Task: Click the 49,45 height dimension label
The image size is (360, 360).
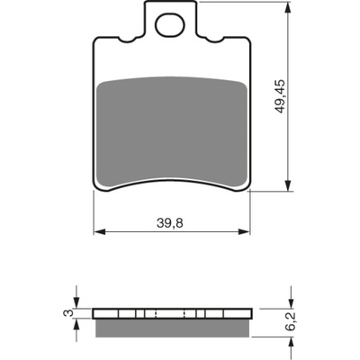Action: pyautogui.click(x=281, y=96)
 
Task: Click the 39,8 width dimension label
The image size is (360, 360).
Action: pyautogui.click(x=170, y=223)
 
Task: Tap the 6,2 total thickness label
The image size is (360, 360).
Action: pyautogui.click(x=291, y=321)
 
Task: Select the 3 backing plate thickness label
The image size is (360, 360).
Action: pyautogui.click(x=68, y=313)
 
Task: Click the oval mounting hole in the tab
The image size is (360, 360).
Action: pyautogui.click(x=170, y=25)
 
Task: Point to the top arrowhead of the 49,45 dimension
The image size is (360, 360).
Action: pyautogui.click(x=288, y=7)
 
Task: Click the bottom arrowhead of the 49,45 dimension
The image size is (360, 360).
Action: pyautogui.click(x=288, y=185)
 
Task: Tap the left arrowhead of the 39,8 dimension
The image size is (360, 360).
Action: pyautogui.click(x=99, y=231)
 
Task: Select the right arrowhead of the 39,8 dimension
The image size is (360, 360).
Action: pyautogui.click(x=244, y=231)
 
